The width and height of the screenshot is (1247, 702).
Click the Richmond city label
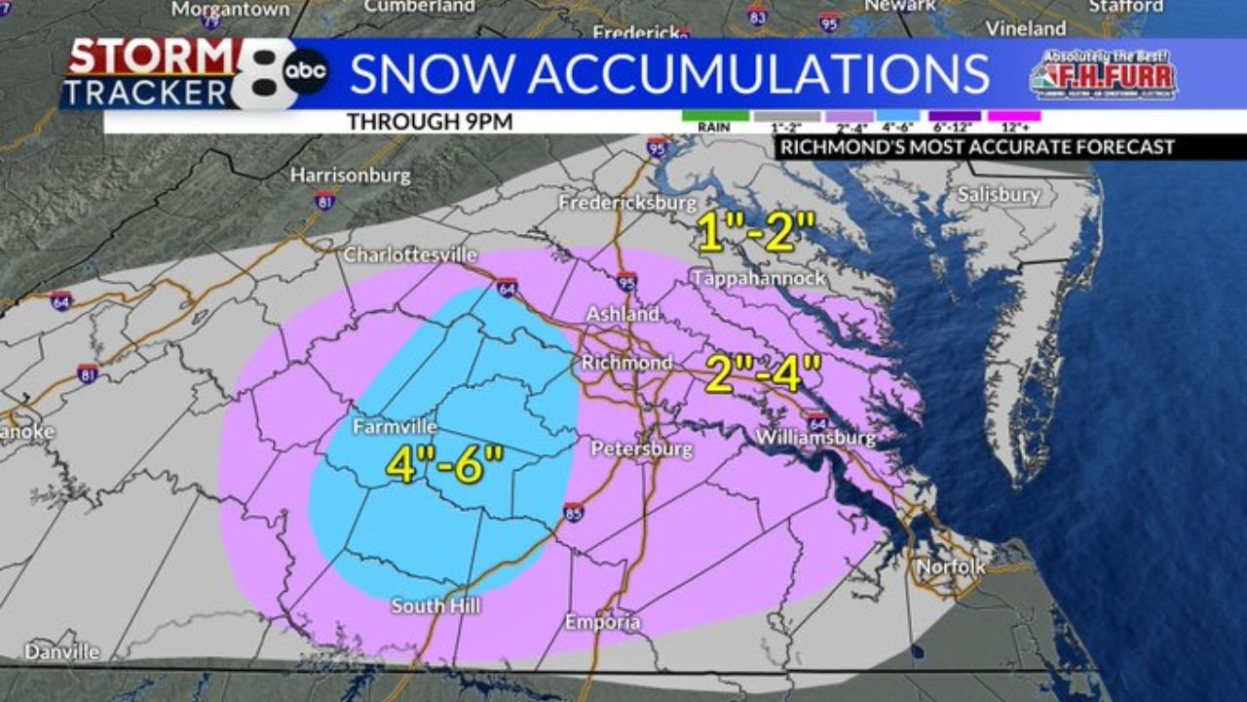[x=626, y=363]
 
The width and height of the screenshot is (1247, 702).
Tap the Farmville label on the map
[x=394, y=427]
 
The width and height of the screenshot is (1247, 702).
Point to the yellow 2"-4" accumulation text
[x=764, y=373]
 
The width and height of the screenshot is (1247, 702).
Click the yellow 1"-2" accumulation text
[x=756, y=233]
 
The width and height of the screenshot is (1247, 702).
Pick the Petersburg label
[x=642, y=449]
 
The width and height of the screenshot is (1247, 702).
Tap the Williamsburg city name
[x=816, y=439]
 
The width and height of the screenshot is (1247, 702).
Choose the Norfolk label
[x=951, y=566]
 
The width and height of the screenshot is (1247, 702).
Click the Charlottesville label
[x=410, y=254]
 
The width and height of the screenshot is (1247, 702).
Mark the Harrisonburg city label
[x=351, y=176]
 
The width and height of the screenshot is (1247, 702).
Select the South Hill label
[x=435, y=605]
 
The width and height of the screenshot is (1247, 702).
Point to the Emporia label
[x=603, y=622]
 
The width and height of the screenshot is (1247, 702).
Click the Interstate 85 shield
[x=574, y=512]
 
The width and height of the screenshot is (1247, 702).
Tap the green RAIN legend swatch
[x=715, y=116]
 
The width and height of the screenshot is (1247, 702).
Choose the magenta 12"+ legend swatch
[x=1014, y=116]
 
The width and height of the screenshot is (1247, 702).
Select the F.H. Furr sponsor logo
[x=1103, y=74]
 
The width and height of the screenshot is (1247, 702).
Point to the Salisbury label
[x=999, y=195]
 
